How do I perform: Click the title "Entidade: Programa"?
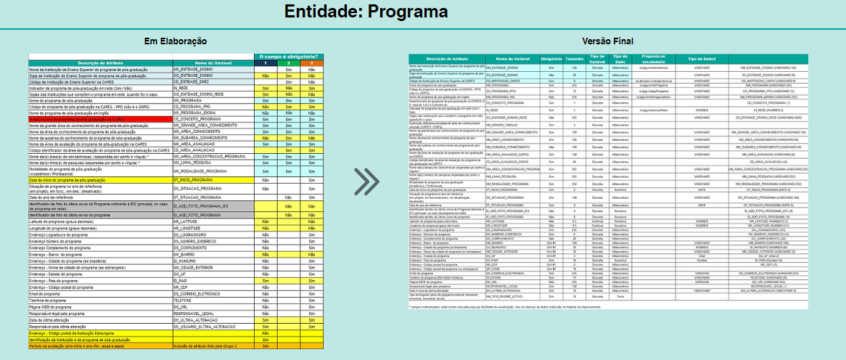tap(366, 12)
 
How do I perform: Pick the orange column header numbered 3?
tap(311, 63)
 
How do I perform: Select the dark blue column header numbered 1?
tap(266, 63)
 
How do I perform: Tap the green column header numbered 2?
tap(288, 63)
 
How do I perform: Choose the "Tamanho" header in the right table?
tap(574, 59)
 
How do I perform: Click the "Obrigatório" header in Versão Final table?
tap(553, 59)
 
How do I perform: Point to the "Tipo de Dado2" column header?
tap(701, 59)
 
